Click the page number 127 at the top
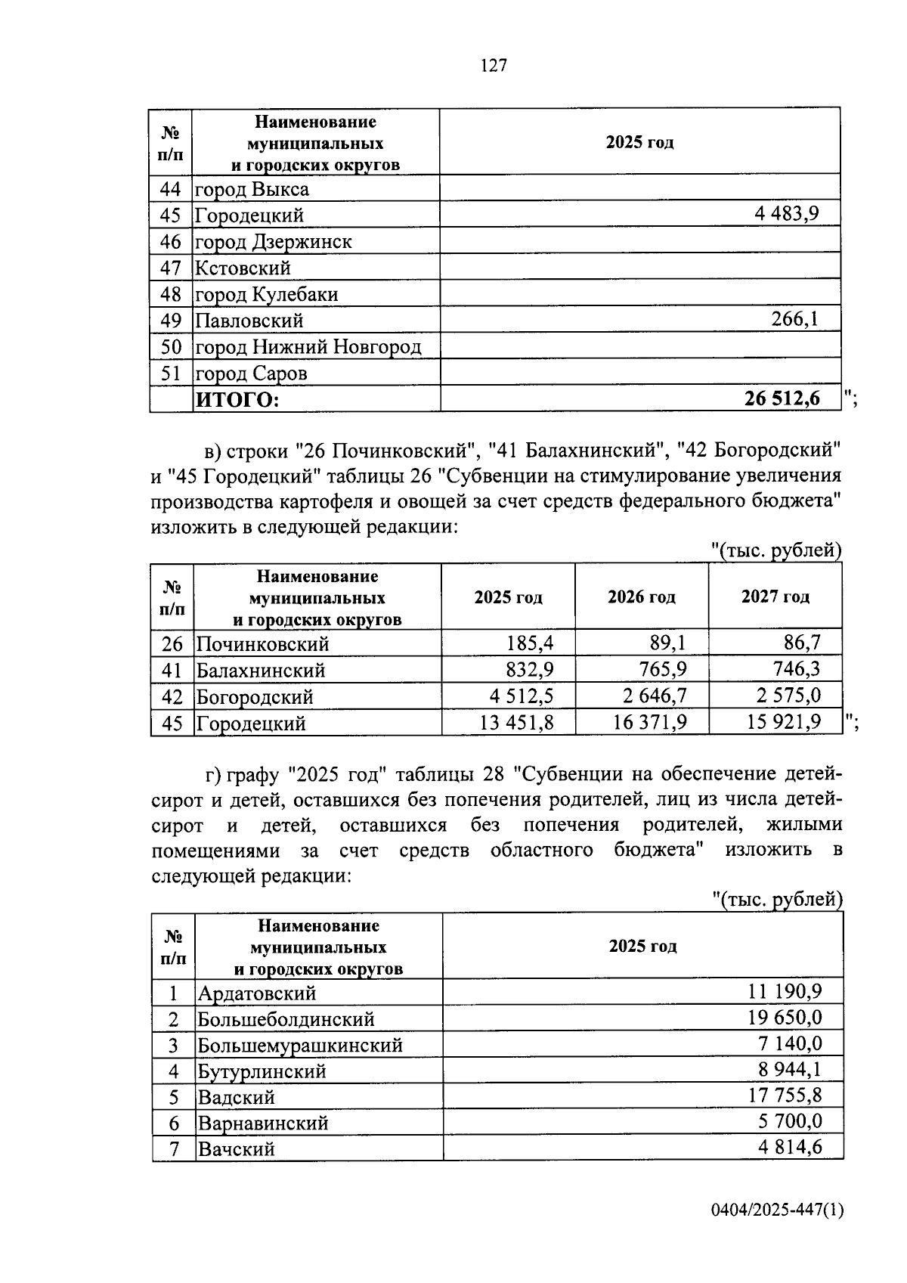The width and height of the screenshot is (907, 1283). [x=493, y=66]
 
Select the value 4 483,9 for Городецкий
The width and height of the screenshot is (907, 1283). [x=786, y=214]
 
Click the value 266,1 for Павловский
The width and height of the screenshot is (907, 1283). [x=794, y=319]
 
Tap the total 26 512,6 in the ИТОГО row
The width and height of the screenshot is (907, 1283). [x=782, y=398]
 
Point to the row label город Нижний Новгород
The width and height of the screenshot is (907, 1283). [x=308, y=347]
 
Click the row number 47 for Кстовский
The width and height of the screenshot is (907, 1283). [x=171, y=268]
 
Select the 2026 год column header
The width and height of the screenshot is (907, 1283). [x=641, y=597]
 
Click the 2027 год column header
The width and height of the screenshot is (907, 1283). [x=775, y=597]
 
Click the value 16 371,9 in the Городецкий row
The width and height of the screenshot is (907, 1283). [x=650, y=723]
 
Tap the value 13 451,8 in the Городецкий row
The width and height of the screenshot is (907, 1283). [x=516, y=723]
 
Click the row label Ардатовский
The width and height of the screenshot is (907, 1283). [x=256, y=993]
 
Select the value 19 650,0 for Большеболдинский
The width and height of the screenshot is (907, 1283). [x=785, y=1018]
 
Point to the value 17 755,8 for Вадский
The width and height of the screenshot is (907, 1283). [x=785, y=1096]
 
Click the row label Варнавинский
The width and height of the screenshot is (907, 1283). [x=262, y=1123]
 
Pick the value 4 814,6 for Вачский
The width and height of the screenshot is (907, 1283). [x=790, y=1148]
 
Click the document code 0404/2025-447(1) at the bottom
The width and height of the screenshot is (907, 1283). [x=777, y=1211]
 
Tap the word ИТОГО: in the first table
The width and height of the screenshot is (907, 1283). [x=237, y=400]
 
